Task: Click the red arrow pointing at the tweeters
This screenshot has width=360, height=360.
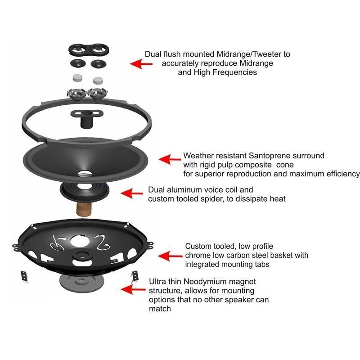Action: tap(140, 64)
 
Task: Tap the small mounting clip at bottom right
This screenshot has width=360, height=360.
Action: tap(134, 276)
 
